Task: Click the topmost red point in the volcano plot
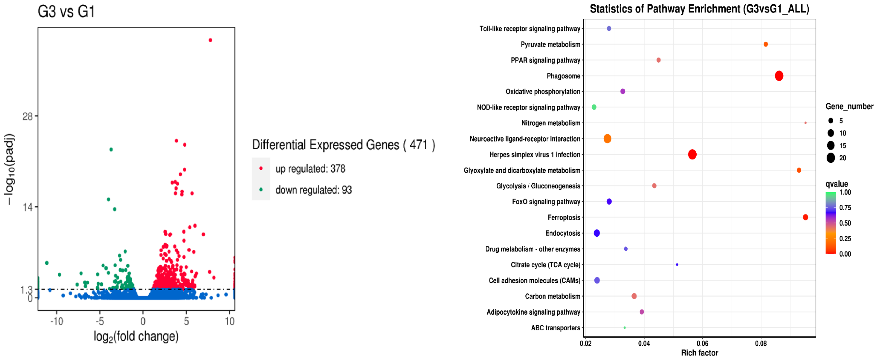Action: click(210, 40)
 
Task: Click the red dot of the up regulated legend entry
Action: click(261, 168)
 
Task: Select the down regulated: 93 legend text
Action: click(313, 190)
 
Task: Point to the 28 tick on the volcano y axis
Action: click(27, 116)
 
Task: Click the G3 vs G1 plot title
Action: click(66, 11)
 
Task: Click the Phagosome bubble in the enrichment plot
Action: click(779, 76)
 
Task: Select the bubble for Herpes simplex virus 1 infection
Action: click(692, 155)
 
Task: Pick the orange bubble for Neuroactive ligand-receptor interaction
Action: click(607, 139)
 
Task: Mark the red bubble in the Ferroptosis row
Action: click(805, 217)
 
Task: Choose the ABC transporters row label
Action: click(555, 328)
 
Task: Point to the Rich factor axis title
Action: click(699, 353)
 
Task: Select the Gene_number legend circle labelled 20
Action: click(830, 158)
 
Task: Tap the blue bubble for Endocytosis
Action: click(597, 233)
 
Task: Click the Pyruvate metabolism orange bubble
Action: click(766, 45)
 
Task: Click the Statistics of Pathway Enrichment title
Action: click(699, 9)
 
